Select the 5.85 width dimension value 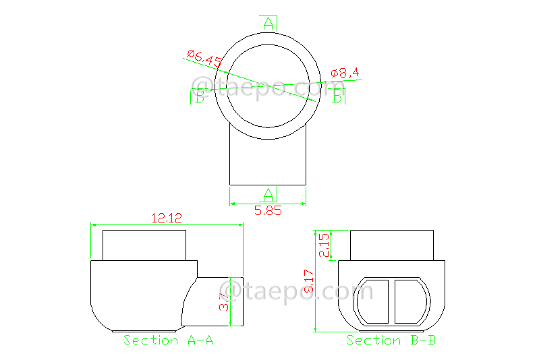[268, 210]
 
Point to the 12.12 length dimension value [167, 218]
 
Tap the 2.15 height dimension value [324, 245]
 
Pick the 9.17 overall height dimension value [308, 281]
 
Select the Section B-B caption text [391, 340]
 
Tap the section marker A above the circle [268, 24]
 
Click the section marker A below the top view [268, 195]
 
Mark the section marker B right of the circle [337, 97]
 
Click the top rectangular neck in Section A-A [144, 244]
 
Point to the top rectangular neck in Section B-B [391, 244]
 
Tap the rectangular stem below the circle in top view [268, 162]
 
